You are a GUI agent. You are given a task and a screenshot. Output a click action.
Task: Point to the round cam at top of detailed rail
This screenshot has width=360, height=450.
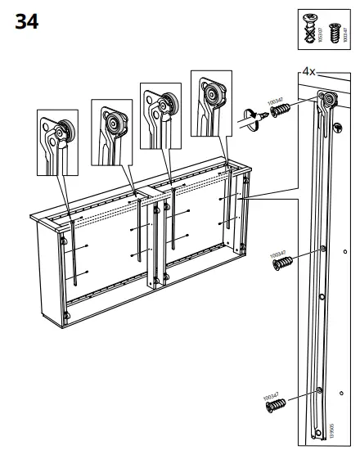(x=329, y=100)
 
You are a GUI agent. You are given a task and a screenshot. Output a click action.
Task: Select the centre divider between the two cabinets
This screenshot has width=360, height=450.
(x=152, y=237)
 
